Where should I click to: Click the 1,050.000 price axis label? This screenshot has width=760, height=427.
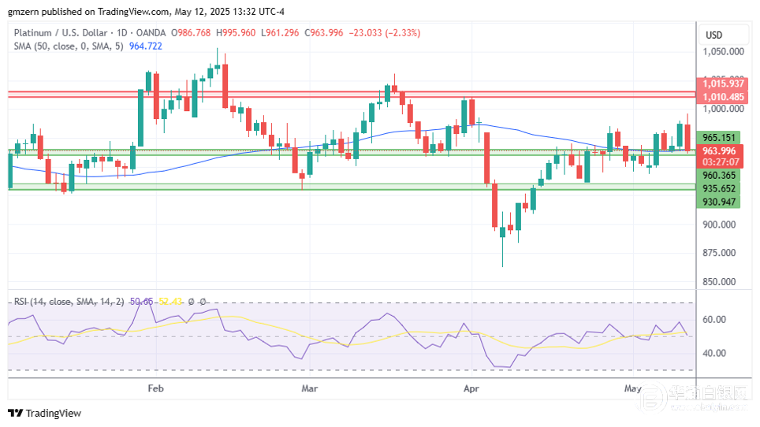[x=723, y=52]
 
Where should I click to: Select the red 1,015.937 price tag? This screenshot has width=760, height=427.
[x=723, y=84]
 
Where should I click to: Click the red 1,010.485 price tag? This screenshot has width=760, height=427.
[x=723, y=97]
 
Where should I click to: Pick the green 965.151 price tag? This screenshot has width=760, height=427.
[x=719, y=137]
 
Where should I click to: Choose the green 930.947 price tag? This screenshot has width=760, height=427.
[x=719, y=202]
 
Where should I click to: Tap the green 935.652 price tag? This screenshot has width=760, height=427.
[x=719, y=189]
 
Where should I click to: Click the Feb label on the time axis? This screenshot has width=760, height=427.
[x=155, y=388]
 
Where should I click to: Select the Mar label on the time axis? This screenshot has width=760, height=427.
[x=310, y=388]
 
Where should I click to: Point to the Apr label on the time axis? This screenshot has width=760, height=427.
[x=471, y=388]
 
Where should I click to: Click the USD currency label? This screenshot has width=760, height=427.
[x=714, y=35]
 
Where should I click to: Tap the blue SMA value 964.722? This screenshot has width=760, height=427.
[x=145, y=46]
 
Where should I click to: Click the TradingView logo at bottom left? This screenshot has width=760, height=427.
[x=45, y=414]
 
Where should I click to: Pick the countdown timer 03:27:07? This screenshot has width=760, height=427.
[x=719, y=163]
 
